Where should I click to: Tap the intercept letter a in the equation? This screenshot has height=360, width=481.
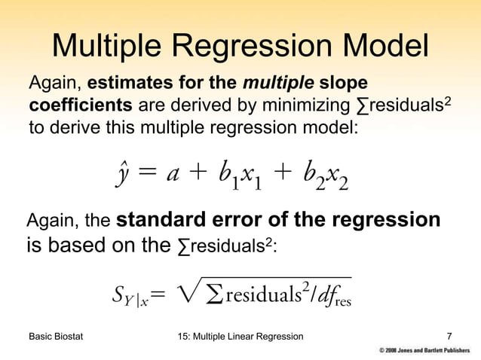[173, 174]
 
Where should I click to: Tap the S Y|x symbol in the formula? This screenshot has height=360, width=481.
[129, 299]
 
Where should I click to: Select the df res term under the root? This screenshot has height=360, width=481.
[331, 298]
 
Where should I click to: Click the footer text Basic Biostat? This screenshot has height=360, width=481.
[55, 335]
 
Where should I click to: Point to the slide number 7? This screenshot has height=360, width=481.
[450, 335]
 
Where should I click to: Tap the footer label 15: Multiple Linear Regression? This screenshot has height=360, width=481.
[238, 335]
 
